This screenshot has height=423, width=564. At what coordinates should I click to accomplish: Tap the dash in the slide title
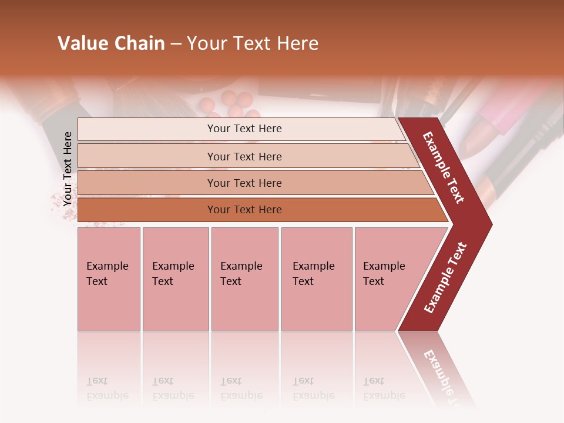[x=176, y=44]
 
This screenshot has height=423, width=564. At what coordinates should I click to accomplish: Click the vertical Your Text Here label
[x=68, y=169]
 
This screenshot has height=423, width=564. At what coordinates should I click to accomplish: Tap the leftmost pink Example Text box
[x=109, y=279]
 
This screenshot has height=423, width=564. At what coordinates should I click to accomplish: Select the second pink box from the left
[x=175, y=279]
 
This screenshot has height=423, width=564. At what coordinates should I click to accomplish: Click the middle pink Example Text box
[x=244, y=279]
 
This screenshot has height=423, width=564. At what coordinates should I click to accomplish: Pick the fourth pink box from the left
[x=316, y=279]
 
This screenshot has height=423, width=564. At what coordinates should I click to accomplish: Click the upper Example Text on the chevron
[x=444, y=167]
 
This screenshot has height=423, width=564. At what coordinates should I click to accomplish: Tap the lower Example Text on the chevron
[x=445, y=277]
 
